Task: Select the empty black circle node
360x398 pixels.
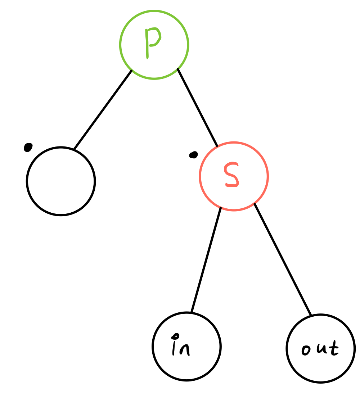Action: (x=61, y=181)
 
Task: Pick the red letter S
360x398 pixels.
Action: (x=231, y=175)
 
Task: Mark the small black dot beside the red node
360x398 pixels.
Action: (x=194, y=155)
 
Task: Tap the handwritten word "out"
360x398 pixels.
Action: (x=320, y=349)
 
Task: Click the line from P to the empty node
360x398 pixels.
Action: (x=103, y=109)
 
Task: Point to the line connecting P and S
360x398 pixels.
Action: (x=197, y=107)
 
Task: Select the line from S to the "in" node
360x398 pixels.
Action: (x=206, y=260)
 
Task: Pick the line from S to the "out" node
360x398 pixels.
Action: (x=283, y=259)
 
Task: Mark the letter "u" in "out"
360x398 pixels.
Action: (x=320, y=349)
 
